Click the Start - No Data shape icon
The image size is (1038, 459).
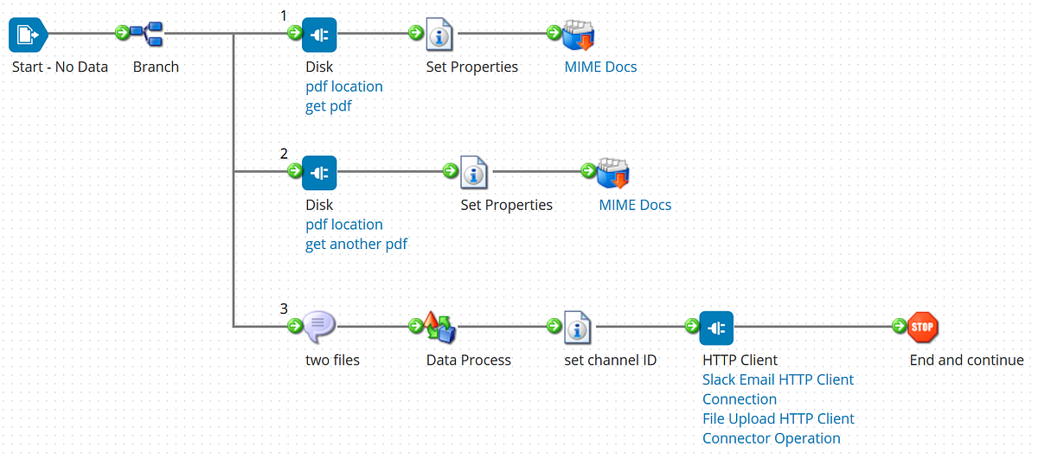click(x=26, y=35)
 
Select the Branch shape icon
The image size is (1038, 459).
click(x=148, y=35)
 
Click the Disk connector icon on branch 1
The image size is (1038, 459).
click(x=319, y=35)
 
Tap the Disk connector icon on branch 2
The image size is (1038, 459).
click(x=319, y=173)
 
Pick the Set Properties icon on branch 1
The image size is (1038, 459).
click(x=440, y=35)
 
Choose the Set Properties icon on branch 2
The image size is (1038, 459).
click(x=474, y=173)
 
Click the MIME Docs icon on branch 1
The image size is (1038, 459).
click(x=579, y=35)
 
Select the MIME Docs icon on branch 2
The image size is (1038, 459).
click(x=613, y=173)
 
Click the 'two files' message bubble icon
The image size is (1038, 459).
click(x=319, y=326)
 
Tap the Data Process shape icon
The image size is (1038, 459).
click(x=439, y=327)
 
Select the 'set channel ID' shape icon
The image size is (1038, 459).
click(x=578, y=328)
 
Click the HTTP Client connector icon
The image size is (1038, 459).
click(x=716, y=328)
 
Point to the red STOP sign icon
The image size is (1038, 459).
click(x=923, y=327)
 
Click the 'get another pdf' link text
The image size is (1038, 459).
click(x=356, y=244)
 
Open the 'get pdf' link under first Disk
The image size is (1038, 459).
click(x=329, y=106)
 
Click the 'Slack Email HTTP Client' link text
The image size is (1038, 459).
click(x=778, y=379)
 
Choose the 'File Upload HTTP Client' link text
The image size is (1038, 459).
click(x=778, y=418)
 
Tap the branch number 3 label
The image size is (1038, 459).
click(x=284, y=308)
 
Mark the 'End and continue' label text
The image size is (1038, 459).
click(x=966, y=360)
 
